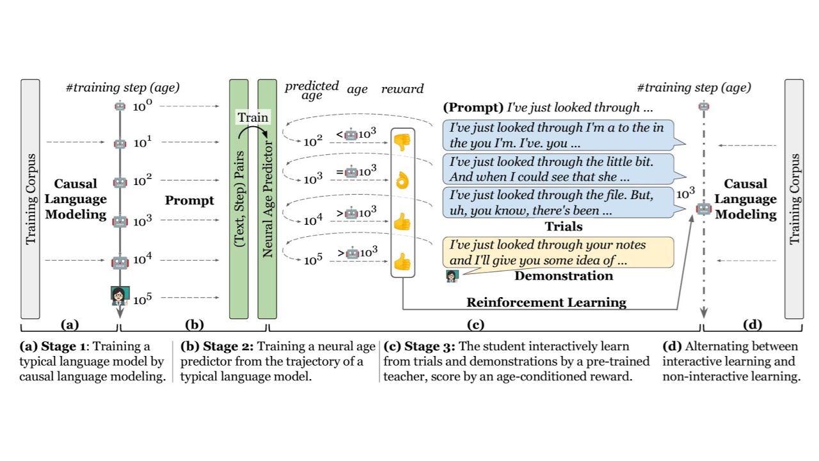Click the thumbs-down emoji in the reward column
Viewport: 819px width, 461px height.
[402, 142]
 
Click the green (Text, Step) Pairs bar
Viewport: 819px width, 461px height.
[239, 198]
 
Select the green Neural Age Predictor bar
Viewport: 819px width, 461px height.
[267, 198]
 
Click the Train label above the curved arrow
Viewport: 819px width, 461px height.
[253, 117]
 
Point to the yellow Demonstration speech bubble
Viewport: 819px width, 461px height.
[557, 252]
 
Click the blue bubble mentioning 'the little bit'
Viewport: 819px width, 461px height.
[557, 169]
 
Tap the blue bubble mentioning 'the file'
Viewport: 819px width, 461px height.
[557, 202]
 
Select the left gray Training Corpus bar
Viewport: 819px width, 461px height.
[30, 198]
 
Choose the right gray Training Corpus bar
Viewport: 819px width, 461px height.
[794, 198]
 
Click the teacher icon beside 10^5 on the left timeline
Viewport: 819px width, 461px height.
[120, 296]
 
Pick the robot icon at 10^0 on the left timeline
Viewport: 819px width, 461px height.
[120, 107]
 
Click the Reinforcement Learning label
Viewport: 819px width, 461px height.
[546, 302]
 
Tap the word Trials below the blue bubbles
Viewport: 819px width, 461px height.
[563, 226]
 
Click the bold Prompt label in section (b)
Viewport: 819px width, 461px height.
[189, 200]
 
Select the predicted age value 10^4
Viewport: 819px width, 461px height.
[313, 220]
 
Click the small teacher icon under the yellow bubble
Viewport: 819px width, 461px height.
[452, 276]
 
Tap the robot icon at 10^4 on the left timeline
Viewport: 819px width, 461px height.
[120, 262]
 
